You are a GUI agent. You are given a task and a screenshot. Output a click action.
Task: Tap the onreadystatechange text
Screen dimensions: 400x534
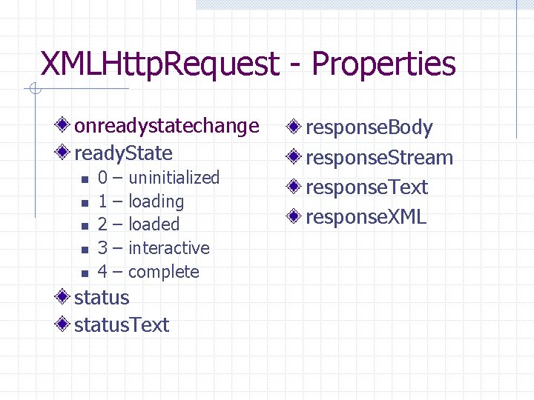167,126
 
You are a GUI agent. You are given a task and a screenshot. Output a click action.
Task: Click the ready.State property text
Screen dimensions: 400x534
123,153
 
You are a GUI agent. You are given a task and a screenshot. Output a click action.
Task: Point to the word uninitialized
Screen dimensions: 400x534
174,178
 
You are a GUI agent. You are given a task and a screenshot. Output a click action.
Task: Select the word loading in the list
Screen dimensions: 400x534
156,201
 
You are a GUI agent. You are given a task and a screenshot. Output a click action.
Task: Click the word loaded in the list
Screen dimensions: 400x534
154,224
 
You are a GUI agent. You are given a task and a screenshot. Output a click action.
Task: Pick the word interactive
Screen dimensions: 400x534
169,248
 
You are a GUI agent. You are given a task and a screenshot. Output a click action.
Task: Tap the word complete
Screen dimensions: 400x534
164,272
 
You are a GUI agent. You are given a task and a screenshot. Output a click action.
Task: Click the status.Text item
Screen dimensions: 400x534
122,324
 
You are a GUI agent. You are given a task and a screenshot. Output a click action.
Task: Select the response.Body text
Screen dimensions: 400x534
369,127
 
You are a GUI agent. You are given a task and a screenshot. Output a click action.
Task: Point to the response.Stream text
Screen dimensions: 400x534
379,158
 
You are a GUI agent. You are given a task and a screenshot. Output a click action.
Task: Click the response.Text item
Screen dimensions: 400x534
366,187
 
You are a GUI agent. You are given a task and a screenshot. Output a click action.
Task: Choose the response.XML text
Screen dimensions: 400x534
366,217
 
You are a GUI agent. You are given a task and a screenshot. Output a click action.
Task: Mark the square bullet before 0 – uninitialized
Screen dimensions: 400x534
85,179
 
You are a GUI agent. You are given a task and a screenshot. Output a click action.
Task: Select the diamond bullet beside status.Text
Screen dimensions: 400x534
65,324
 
